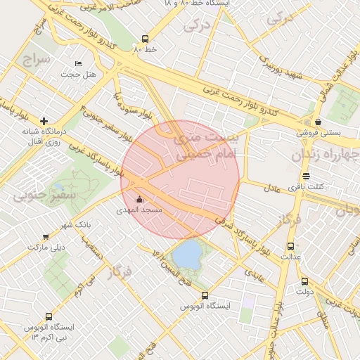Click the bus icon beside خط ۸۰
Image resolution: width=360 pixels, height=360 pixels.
pos(146,39)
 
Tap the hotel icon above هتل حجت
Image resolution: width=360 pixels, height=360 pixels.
pos(77,64)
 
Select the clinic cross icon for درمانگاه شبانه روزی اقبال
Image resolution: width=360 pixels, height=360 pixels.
pos(44,122)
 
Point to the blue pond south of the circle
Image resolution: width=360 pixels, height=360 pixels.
pos(186,255)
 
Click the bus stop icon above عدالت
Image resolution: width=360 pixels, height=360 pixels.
pos(291,246)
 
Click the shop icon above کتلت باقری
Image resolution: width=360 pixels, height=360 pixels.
pos(306,176)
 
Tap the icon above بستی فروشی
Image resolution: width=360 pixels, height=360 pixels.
pos(317,122)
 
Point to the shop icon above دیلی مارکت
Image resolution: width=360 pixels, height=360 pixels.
pos(46,237)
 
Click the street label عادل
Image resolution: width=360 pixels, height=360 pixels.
pos(272,188)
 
